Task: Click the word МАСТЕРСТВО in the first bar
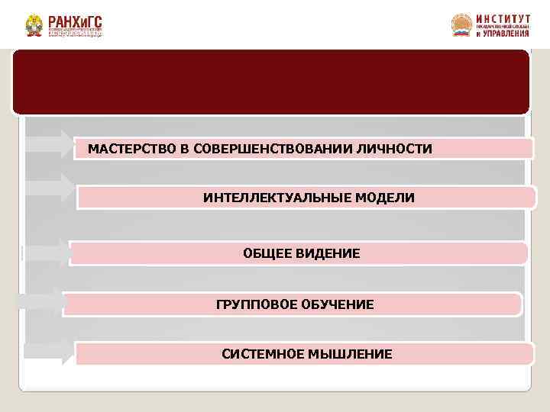125,147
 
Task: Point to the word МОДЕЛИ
389,198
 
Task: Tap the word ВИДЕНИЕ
330,253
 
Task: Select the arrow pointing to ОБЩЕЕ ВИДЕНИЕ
47,252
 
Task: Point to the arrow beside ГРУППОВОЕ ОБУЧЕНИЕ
42,301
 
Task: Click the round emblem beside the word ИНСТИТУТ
461,25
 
